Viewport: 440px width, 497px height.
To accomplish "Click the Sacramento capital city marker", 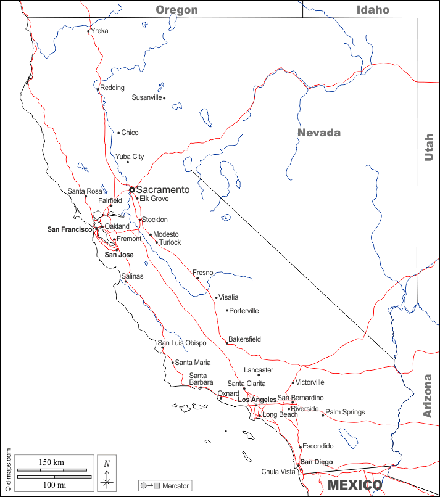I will tap(131, 190).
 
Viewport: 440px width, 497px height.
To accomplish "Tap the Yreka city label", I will tap(100, 31).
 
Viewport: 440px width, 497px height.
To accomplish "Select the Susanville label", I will tap(147, 97).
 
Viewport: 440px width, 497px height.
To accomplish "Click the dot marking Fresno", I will tap(198, 278).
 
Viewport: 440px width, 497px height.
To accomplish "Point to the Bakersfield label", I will tap(244, 339).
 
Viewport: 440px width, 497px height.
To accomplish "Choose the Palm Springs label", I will tap(345, 412).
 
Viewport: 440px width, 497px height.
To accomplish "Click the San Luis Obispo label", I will tap(181, 343).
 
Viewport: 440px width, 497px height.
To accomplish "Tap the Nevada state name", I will tap(318, 133).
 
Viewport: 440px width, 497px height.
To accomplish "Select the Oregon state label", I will tap(176, 9).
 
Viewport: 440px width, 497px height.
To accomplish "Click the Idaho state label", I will tap(373, 9).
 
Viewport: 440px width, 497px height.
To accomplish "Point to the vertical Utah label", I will tap(429, 147).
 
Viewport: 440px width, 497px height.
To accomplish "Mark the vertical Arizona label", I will tap(428, 396).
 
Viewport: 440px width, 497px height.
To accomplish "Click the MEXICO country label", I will tap(354, 485).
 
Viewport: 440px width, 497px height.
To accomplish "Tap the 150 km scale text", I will tap(51, 462).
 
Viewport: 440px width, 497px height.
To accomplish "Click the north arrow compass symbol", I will tap(107, 475).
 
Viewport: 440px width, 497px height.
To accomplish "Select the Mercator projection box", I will tap(164, 486).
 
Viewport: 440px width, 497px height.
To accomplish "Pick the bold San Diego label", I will tap(317, 462).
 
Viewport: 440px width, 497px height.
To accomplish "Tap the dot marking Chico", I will tap(118, 133).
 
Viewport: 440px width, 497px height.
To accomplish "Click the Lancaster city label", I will tap(259, 370).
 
